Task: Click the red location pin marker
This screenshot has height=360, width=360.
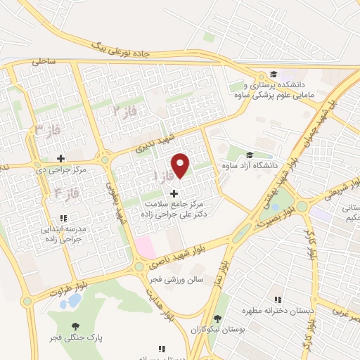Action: pos(181,165)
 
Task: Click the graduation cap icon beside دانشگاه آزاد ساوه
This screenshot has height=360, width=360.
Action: pos(249,156)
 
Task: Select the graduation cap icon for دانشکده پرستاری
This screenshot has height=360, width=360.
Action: pos(272,75)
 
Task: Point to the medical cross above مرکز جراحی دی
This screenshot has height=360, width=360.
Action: pos(61,158)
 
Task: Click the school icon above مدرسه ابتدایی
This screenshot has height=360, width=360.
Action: pos(63,218)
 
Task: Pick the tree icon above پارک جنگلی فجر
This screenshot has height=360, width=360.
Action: pos(75,326)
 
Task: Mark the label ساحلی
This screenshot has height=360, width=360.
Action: pos(44,61)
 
